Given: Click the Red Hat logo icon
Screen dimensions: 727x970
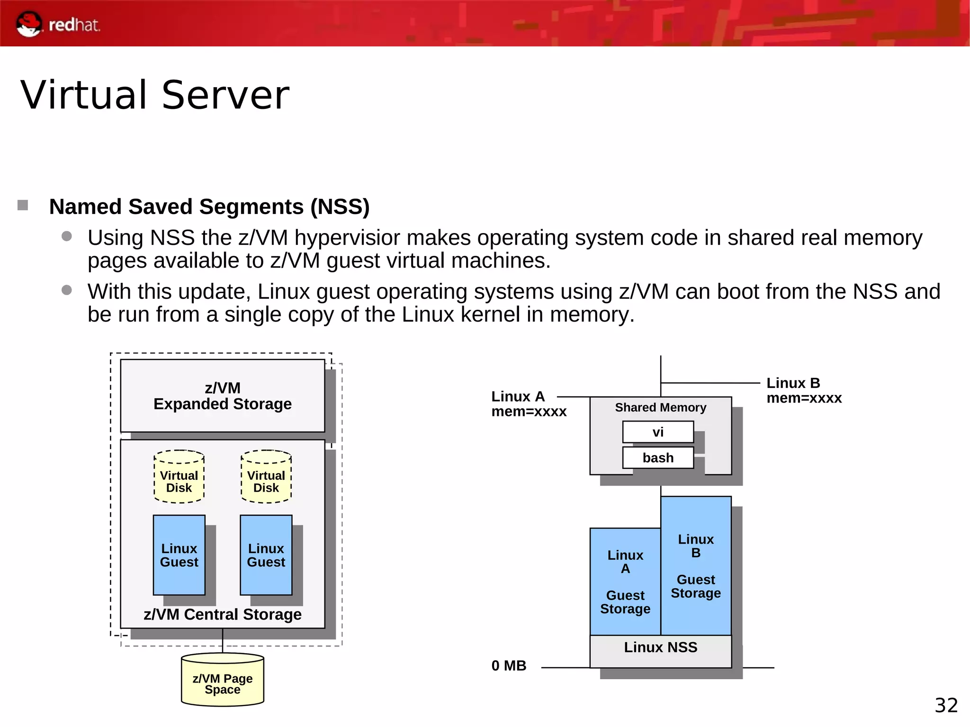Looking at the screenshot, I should tap(29, 24).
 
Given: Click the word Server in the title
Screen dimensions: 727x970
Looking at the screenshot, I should tap(225, 95).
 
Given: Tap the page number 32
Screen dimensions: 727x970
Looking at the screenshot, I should tap(946, 705).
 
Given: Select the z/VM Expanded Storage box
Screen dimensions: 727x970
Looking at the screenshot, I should tap(222, 395).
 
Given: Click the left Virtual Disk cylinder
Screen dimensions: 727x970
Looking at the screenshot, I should tap(179, 477).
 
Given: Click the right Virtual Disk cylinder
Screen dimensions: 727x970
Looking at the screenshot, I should tap(266, 477).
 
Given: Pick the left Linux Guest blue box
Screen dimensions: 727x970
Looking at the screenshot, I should tap(179, 555).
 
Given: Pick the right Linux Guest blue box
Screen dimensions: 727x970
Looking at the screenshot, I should tap(266, 555).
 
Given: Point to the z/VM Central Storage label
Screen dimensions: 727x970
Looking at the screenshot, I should tap(222, 614).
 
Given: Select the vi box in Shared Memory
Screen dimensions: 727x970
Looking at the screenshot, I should tap(658, 432).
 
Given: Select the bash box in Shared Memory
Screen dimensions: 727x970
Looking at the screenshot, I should tap(658, 458).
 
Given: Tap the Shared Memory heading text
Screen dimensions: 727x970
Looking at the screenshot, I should tap(660, 407).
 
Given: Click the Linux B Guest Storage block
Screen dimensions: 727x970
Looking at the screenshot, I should tap(696, 566).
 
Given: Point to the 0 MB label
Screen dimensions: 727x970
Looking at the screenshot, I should tap(509, 665).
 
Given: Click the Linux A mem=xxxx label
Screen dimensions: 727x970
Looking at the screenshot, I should tap(528, 404).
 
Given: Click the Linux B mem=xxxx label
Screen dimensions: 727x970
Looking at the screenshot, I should tap(804, 390).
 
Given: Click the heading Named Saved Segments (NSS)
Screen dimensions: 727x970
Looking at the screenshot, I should tap(209, 206).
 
